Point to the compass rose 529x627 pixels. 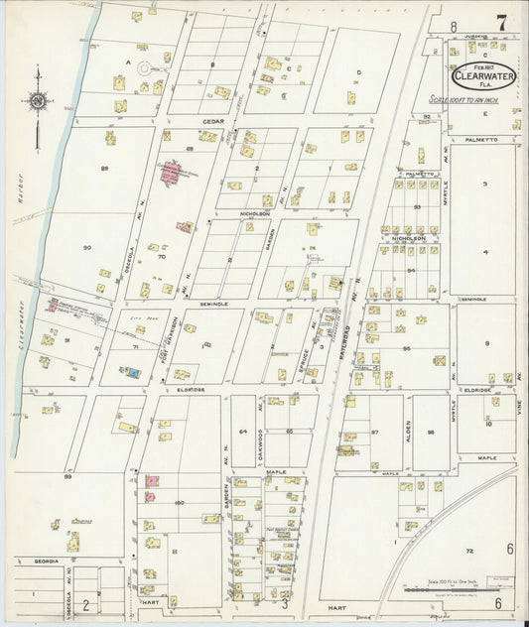38,101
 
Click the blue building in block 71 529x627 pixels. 132,372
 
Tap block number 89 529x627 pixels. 104,169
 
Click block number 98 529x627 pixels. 431,433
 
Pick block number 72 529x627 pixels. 469,550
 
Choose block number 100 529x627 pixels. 179,503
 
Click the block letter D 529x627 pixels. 358,72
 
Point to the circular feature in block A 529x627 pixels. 146,69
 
